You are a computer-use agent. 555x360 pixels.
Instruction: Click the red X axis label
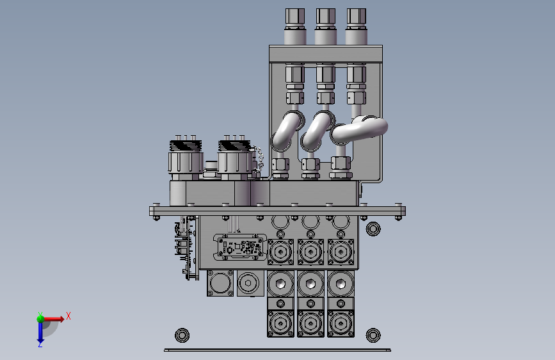coord(68,316)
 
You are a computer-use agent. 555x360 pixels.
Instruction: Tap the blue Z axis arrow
coord(40,332)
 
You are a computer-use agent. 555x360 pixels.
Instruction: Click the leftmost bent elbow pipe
coord(287,129)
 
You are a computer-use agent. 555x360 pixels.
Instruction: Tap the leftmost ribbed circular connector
coord(186,158)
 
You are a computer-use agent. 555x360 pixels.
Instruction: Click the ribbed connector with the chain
coord(234,158)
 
